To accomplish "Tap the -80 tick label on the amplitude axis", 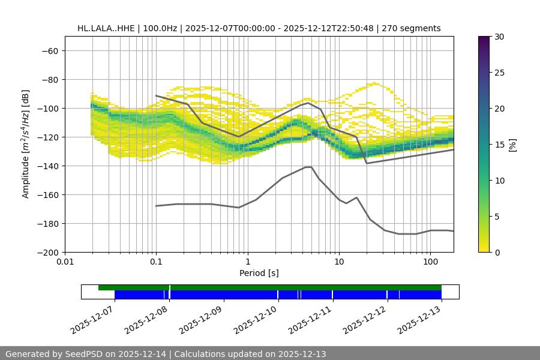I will coord(49,80).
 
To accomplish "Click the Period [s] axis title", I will coord(259,274).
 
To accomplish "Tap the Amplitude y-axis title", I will coord(26,145).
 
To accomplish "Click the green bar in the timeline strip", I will coord(270,287).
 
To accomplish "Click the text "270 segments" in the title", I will coord(414,28).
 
